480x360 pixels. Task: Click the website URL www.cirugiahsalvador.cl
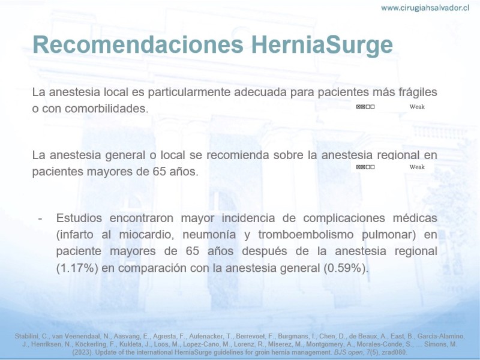(x=425, y=8)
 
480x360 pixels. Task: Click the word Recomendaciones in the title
(x=138, y=44)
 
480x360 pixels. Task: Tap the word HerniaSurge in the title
(x=322, y=44)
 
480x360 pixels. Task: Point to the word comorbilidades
(x=107, y=109)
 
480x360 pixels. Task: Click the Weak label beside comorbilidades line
(x=417, y=107)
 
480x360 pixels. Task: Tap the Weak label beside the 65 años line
(x=417, y=167)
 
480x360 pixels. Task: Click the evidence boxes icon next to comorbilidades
(x=365, y=107)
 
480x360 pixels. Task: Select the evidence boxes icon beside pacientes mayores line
(x=365, y=167)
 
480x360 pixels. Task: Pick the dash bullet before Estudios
(x=40, y=218)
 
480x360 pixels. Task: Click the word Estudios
(x=79, y=218)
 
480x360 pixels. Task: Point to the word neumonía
(x=209, y=235)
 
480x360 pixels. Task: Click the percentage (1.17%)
(x=77, y=268)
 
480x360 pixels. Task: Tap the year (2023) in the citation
(x=82, y=352)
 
